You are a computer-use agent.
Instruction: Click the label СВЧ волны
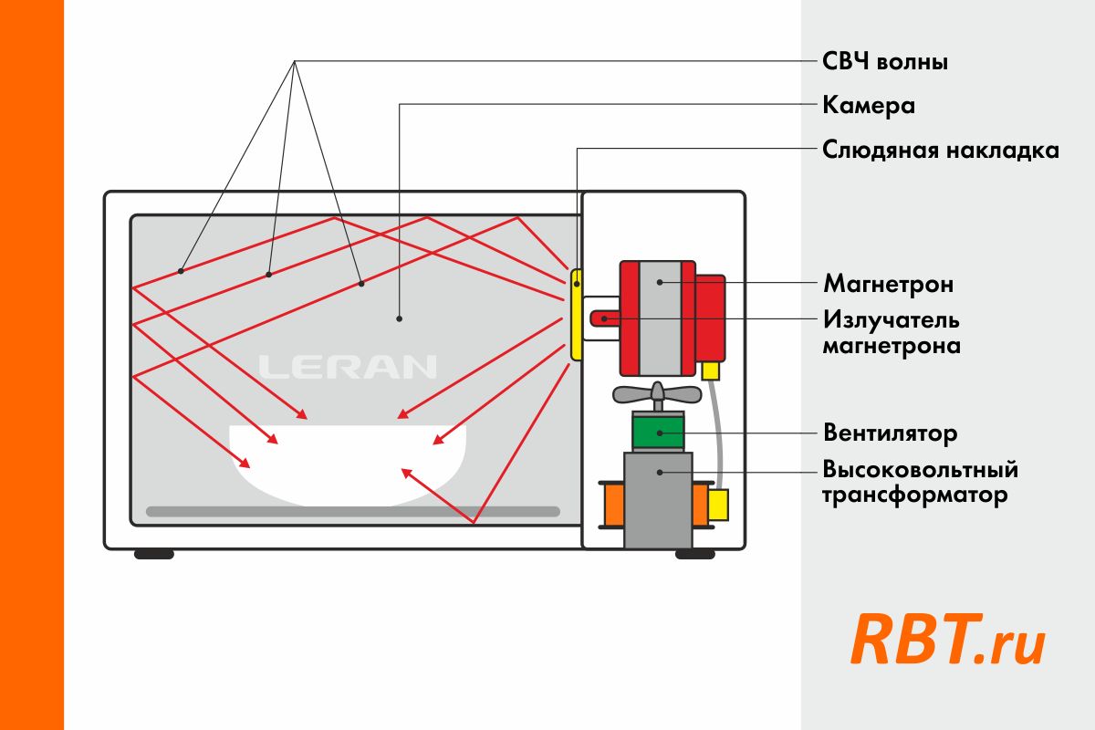[885, 62]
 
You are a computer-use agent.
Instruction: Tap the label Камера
[869, 106]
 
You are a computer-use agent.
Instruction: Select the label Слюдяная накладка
[941, 150]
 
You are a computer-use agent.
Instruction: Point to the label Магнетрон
[889, 284]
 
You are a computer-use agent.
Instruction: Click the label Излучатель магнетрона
[892, 333]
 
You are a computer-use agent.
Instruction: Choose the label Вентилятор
[890, 432]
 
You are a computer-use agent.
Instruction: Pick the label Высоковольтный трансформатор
[920, 483]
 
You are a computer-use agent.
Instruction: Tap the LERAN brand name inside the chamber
[348, 367]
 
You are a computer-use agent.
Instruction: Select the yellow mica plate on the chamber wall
[577, 315]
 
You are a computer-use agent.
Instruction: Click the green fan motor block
[658, 431]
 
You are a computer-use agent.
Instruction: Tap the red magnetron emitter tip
[603, 318]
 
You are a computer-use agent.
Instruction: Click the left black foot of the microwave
[154, 554]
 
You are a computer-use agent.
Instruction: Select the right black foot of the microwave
[695, 554]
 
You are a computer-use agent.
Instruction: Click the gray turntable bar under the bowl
[352, 512]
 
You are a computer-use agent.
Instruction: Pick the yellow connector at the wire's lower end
[719, 505]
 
